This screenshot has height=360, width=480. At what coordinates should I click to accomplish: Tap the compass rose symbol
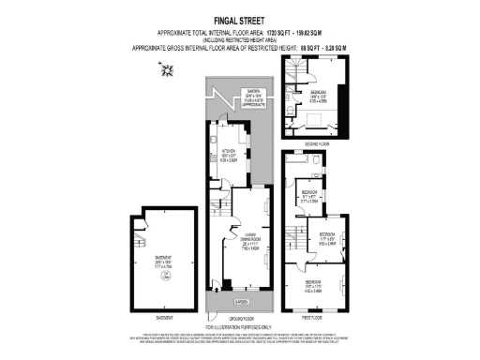pyautogui.click(x=168, y=68)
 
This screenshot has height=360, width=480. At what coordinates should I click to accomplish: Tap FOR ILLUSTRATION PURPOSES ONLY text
pyautogui.click(x=240, y=327)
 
